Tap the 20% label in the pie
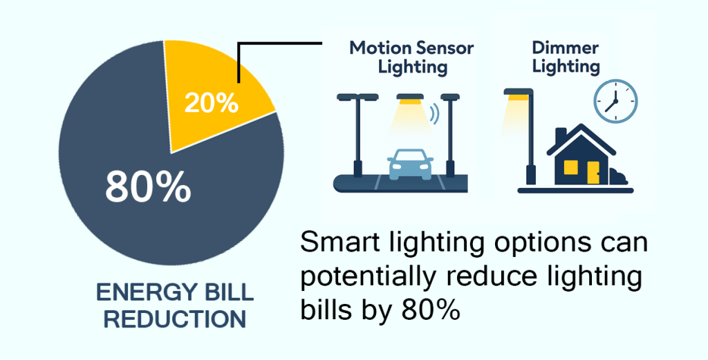212,104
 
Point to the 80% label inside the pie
148,187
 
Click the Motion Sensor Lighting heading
412,57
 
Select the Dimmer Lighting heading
566,57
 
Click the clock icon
615,101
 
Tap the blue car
410,164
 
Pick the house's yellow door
593,172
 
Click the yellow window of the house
571,167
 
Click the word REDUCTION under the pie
175,319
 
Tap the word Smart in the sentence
338,244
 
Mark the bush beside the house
618,177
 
